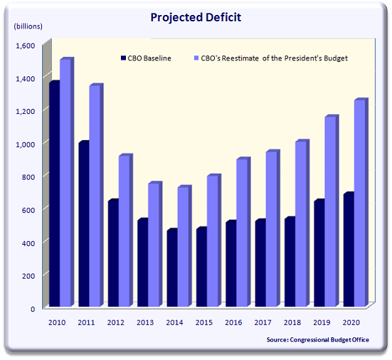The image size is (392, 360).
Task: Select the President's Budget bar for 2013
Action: click(154, 245)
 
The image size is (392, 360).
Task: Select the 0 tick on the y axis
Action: click(31, 308)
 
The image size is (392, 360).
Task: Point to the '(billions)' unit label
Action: click(28, 26)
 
